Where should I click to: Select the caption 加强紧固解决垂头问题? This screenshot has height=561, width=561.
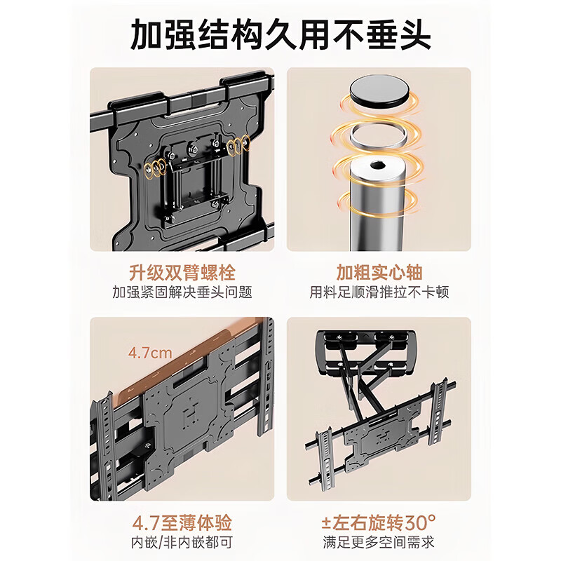pyautogui.click(x=182, y=292)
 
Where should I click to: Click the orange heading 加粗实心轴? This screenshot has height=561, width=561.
pyautogui.click(x=379, y=271)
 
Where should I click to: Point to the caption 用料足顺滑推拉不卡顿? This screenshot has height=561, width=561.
pyautogui.click(x=379, y=292)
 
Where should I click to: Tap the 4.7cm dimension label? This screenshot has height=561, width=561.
pyautogui.click(x=149, y=353)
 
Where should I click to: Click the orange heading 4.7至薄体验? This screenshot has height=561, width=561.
pyautogui.click(x=182, y=522)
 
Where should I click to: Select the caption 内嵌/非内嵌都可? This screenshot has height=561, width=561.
pyautogui.click(x=182, y=542)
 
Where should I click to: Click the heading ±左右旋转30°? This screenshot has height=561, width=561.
pyautogui.click(x=379, y=522)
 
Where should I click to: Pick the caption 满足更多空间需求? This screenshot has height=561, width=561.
pyautogui.click(x=379, y=542)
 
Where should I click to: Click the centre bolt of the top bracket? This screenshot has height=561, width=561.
pyautogui.click(x=191, y=148)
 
